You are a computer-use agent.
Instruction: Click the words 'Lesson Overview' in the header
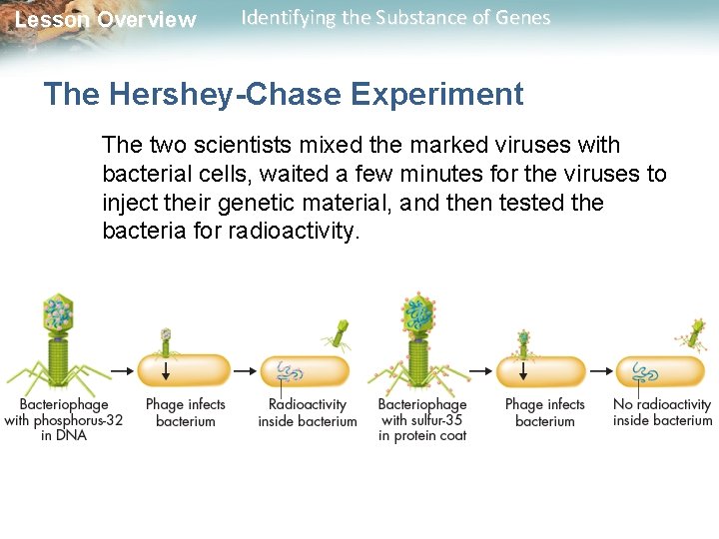[x=106, y=20]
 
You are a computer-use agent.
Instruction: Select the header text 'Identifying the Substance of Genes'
[x=395, y=18]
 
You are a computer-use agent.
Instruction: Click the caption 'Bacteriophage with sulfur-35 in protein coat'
[x=422, y=419]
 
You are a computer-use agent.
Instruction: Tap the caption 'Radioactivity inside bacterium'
[x=307, y=412]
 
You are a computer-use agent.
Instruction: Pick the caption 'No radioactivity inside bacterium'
[x=662, y=412]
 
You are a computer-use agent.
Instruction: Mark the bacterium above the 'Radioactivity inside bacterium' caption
[x=305, y=371]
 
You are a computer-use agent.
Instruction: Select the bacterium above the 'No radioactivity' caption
[x=660, y=371]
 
